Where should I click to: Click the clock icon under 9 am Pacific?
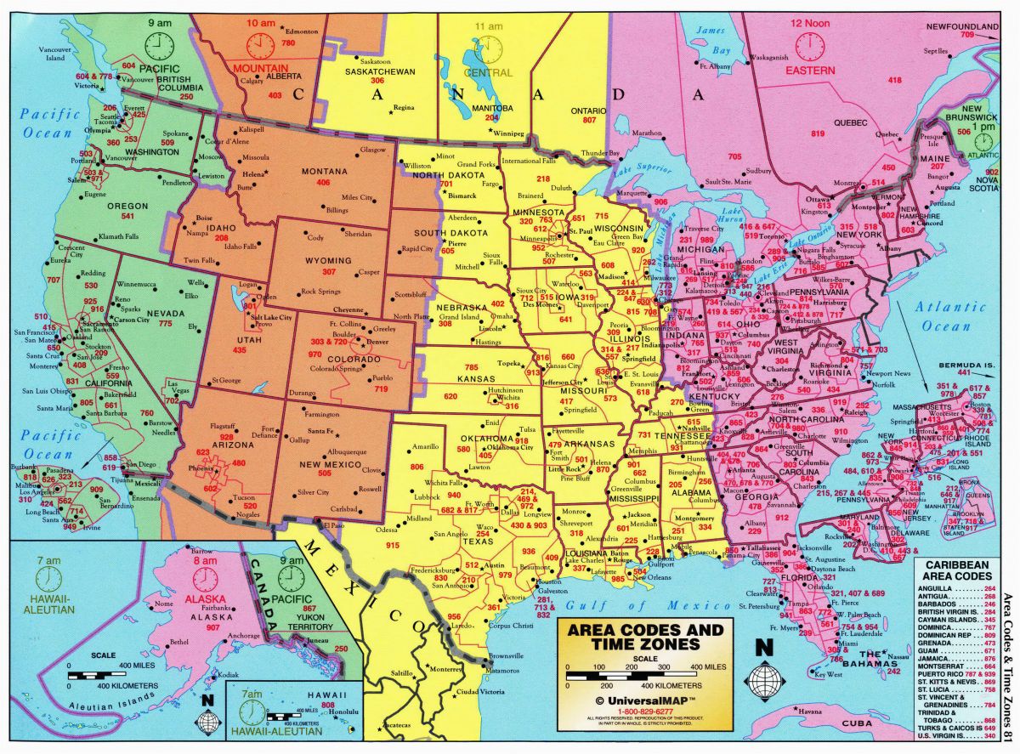[158, 44]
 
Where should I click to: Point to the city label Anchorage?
[242, 635]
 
